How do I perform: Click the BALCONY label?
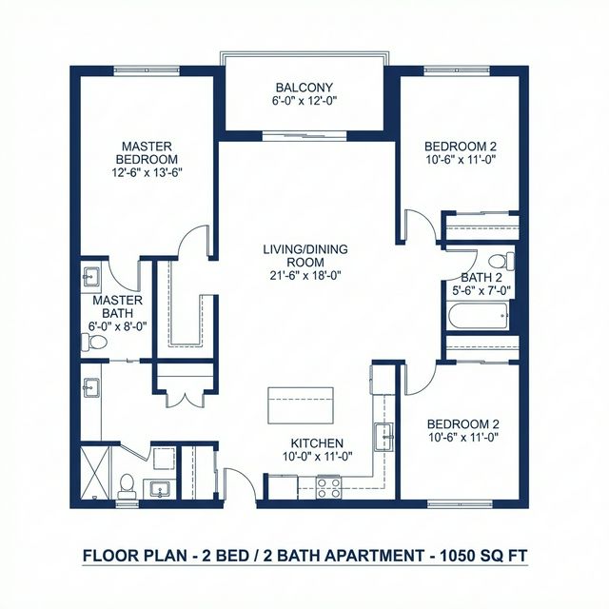304,88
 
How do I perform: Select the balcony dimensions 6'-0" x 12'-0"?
304,101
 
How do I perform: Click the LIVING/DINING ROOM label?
305,256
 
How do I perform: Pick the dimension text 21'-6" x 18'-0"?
305,276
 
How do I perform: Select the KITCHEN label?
318,443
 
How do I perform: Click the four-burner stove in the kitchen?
329,486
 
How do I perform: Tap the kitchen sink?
386,437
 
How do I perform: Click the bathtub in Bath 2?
480,315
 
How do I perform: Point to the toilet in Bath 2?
498,262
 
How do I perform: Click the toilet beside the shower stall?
126,482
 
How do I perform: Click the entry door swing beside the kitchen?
240,481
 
